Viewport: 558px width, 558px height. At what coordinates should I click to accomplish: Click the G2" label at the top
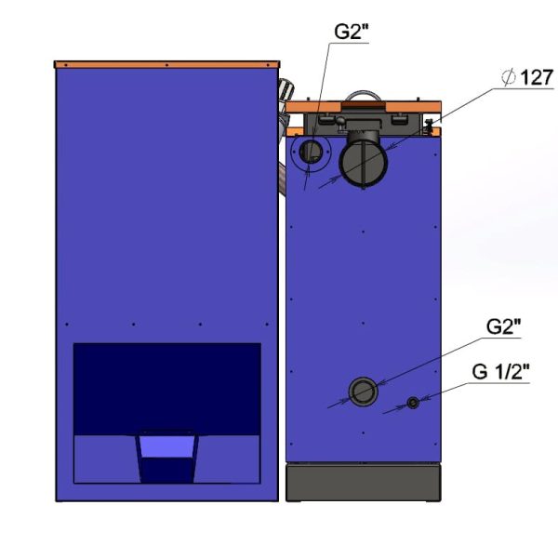click(x=351, y=32)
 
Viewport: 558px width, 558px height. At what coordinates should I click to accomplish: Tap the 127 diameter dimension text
click(x=537, y=77)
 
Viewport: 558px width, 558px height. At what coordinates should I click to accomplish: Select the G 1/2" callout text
click(x=500, y=372)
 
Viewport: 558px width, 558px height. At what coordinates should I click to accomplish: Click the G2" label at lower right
click(x=503, y=326)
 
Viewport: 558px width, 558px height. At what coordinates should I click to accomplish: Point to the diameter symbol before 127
click(x=508, y=77)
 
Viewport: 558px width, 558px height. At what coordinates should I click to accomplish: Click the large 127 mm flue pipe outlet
click(x=363, y=163)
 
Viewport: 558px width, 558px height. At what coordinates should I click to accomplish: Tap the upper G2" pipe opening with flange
click(x=311, y=152)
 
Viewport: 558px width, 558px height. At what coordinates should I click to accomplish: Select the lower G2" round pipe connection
click(x=363, y=392)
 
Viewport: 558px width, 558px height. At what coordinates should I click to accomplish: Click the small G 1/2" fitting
click(x=413, y=403)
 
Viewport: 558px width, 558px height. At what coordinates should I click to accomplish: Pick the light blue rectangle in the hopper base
click(x=166, y=446)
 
